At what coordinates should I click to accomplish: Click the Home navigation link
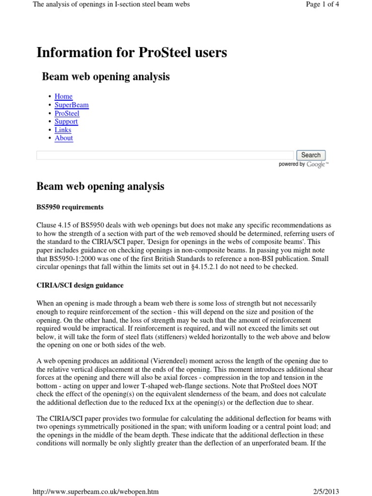63,96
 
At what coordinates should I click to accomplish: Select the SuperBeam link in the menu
71,105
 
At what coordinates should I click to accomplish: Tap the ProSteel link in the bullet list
67,113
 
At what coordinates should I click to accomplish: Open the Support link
66,121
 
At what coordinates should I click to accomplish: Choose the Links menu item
63,129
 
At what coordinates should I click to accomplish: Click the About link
64,138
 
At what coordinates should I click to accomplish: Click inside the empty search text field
165,155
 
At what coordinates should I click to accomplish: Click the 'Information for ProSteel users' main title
132,52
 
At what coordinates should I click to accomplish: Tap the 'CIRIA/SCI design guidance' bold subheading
80,285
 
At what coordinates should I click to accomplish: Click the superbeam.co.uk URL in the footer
95,491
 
